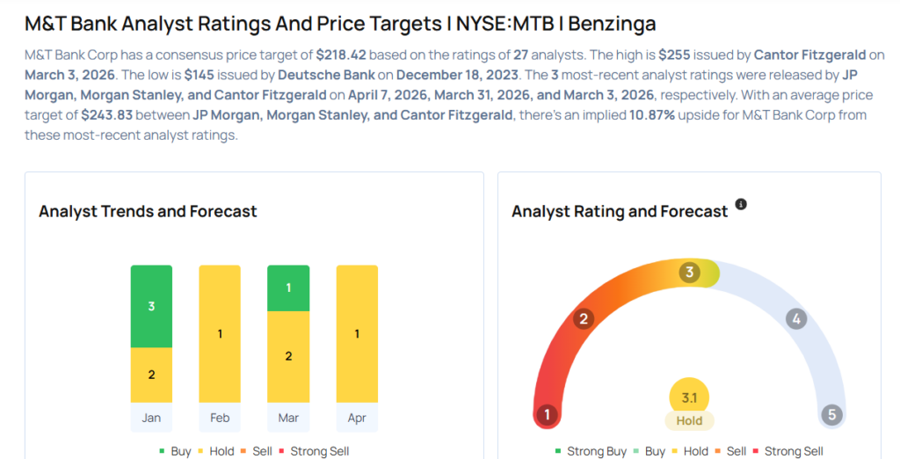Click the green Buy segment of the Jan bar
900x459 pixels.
[x=151, y=306]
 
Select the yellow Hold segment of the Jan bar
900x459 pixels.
[x=151, y=375]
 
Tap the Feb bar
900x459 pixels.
[x=220, y=333]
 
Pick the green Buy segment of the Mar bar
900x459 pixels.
[x=288, y=288]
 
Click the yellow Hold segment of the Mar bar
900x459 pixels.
[x=288, y=356]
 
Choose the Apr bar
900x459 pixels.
[x=357, y=333]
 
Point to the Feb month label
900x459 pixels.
[x=220, y=418]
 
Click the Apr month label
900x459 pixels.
[x=357, y=418]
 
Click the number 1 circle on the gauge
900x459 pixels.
[x=548, y=414]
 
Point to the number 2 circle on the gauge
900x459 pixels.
[x=582, y=318]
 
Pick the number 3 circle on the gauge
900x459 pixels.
[x=690, y=273]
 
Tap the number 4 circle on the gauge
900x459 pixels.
[x=796, y=318]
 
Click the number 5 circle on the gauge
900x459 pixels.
[x=831, y=414]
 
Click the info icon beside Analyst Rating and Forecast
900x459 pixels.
[x=741, y=205]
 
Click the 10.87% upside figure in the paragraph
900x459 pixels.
[x=651, y=115]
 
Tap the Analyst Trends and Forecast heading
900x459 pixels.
[x=148, y=211]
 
